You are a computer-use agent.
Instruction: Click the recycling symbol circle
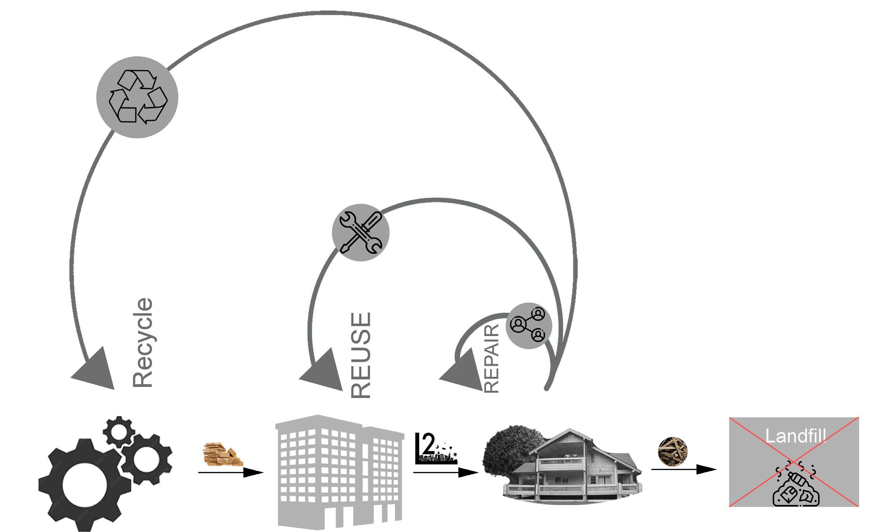[x=137, y=97]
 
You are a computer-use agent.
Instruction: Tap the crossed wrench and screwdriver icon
[x=361, y=232]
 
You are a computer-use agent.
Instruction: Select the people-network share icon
[x=529, y=326]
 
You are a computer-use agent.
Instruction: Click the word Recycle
[x=143, y=343]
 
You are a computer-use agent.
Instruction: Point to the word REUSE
[x=361, y=355]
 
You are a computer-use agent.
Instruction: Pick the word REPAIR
[x=491, y=359]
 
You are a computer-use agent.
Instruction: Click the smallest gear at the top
[x=118, y=431]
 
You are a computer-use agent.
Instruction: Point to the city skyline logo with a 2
[x=435, y=449]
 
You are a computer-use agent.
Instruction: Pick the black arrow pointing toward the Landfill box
[x=684, y=469]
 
